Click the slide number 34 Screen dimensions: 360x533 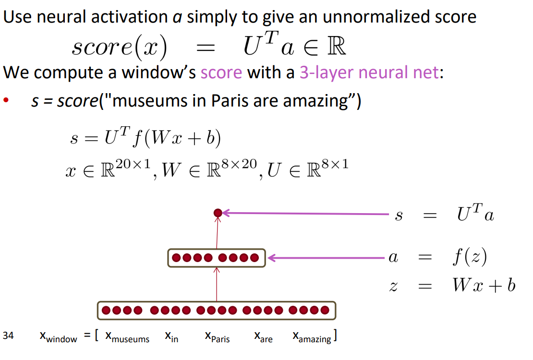[8, 336]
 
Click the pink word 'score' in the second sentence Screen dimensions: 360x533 [221, 72]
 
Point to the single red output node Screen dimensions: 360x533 [218, 213]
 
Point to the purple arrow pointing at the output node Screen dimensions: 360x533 [307, 213]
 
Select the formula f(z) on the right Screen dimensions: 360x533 [469, 258]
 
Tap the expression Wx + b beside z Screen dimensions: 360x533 [483, 286]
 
